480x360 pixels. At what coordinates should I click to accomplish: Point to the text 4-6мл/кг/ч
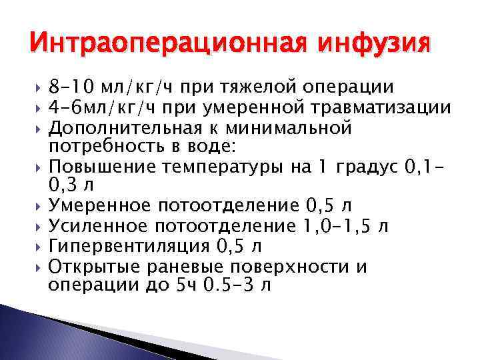coord(107,107)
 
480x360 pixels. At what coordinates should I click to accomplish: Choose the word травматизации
coord(382,107)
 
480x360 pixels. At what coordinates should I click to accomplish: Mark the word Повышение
coord(103,167)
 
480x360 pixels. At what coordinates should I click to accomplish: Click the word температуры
coord(226,167)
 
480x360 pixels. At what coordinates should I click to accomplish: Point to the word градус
coord(363,167)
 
